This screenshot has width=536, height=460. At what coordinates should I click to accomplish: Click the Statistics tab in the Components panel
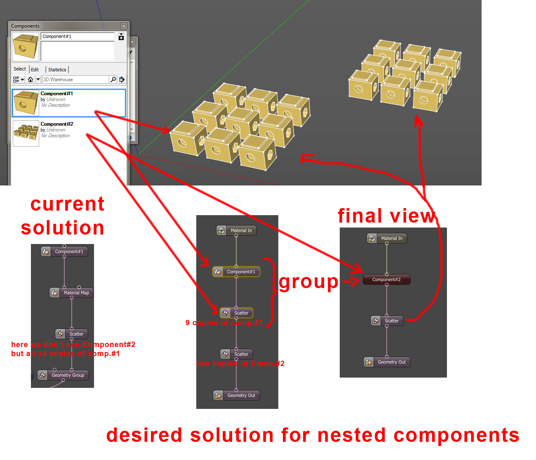(57, 70)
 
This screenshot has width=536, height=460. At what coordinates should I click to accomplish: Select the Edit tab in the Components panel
(35, 70)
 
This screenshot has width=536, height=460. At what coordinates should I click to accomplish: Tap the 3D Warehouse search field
(75, 80)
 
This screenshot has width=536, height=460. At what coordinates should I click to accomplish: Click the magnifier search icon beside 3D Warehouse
(113, 80)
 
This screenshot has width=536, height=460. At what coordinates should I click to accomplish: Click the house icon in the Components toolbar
(31, 80)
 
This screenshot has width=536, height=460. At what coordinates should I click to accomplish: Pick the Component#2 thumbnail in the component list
(26, 134)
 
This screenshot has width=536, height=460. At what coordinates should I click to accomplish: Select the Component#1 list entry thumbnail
(26, 103)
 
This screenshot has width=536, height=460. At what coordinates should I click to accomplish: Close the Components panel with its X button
(124, 26)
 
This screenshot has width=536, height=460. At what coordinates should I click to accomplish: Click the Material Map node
(72, 293)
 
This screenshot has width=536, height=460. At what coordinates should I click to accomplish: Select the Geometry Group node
(63, 375)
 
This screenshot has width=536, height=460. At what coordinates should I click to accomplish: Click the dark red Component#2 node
(386, 279)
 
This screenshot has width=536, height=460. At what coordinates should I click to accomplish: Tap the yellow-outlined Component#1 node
(236, 272)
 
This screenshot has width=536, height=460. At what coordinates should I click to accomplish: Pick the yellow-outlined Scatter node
(236, 313)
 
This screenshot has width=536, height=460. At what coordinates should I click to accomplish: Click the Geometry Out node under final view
(387, 362)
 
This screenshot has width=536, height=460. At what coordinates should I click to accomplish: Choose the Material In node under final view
(387, 238)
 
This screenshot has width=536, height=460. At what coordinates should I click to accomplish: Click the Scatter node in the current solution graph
(72, 334)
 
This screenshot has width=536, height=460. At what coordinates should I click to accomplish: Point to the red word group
(308, 283)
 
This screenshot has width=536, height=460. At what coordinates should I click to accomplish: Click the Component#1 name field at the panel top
(77, 36)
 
